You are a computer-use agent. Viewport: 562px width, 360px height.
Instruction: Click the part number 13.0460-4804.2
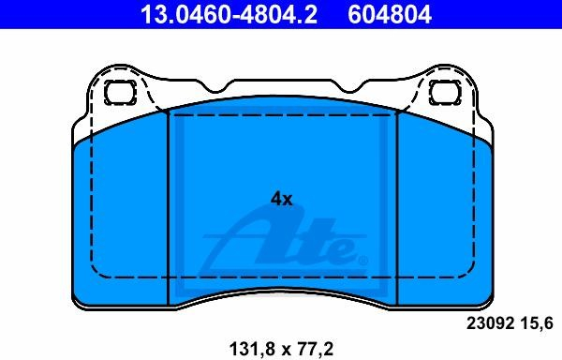229,15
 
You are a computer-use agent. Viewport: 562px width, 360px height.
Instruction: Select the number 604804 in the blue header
390,15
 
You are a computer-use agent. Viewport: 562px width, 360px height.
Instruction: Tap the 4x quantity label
281,199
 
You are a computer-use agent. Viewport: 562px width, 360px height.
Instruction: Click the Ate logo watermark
283,244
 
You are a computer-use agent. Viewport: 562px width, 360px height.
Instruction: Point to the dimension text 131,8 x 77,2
281,348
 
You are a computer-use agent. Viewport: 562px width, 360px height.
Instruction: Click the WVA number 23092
490,323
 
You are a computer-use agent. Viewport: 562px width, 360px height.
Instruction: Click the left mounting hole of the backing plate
120,92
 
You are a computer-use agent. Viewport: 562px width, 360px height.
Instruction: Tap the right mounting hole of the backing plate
445,92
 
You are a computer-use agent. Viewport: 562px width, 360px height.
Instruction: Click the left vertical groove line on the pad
168,208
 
